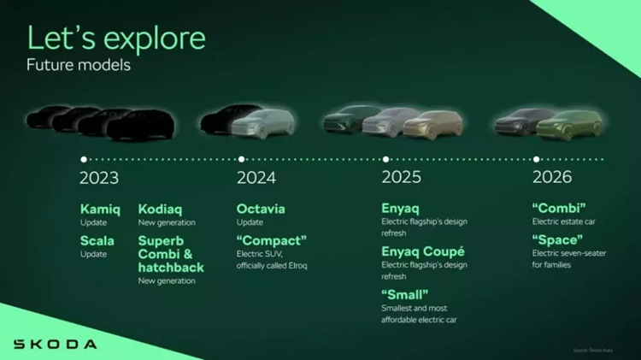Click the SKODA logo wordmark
click(x=55, y=344)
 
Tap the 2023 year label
click(x=99, y=179)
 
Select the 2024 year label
click(x=256, y=179)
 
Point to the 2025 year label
click(x=402, y=179)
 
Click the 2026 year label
click(x=552, y=179)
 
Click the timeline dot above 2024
click(x=242, y=159)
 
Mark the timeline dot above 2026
click(x=536, y=159)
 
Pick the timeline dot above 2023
click(x=83, y=159)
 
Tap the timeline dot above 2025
click(x=386, y=159)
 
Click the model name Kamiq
click(x=100, y=210)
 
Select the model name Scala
click(x=97, y=241)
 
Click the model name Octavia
click(x=261, y=210)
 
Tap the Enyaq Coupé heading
click(x=423, y=252)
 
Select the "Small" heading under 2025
click(x=405, y=295)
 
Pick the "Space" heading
click(x=557, y=240)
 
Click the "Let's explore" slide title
click(x=115, y=38)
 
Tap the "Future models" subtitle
click(x=79, y=66)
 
